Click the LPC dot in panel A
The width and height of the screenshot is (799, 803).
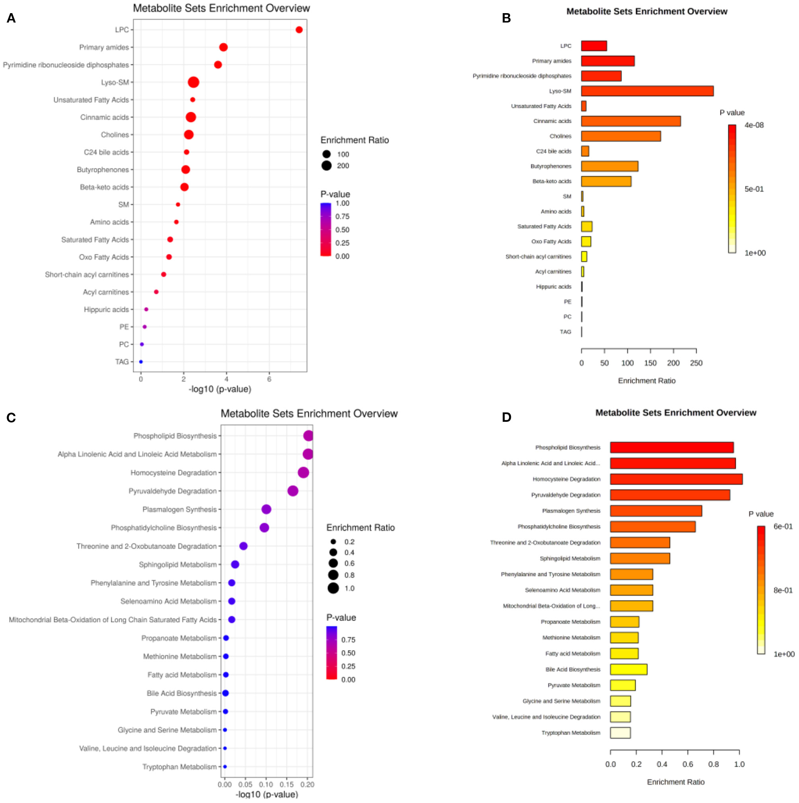[299, 30]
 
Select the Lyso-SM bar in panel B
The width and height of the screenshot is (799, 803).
[647, 91]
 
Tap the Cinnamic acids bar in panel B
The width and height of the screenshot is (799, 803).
[631, 121]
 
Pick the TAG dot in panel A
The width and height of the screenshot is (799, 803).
[141, 362]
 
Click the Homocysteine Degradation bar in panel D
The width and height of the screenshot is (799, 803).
[676, 479]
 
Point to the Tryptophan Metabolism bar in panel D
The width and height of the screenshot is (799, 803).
[620, 733]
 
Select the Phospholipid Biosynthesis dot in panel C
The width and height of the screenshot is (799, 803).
[308, 436]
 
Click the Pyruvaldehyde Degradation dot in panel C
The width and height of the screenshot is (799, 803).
[293, 491]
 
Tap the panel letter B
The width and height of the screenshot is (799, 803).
[506, 18]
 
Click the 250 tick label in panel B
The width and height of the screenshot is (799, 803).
[696, 363]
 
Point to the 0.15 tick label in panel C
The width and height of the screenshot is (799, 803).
[286, 785]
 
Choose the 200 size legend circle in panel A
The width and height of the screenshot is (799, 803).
[326, 166]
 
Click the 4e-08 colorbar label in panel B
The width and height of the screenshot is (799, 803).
[754, 125]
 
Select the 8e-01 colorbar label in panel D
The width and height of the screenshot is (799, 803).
[783, 590]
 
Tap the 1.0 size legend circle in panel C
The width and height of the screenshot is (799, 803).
[333, 588]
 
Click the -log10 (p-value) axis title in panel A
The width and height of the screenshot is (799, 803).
[220, 390]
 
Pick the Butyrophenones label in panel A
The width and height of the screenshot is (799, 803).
[103, 170]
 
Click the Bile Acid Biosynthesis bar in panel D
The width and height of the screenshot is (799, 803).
[629, 669]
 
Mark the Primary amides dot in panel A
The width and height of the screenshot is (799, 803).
[223, 47]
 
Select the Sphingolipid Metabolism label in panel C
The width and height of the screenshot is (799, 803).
[177, 564]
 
